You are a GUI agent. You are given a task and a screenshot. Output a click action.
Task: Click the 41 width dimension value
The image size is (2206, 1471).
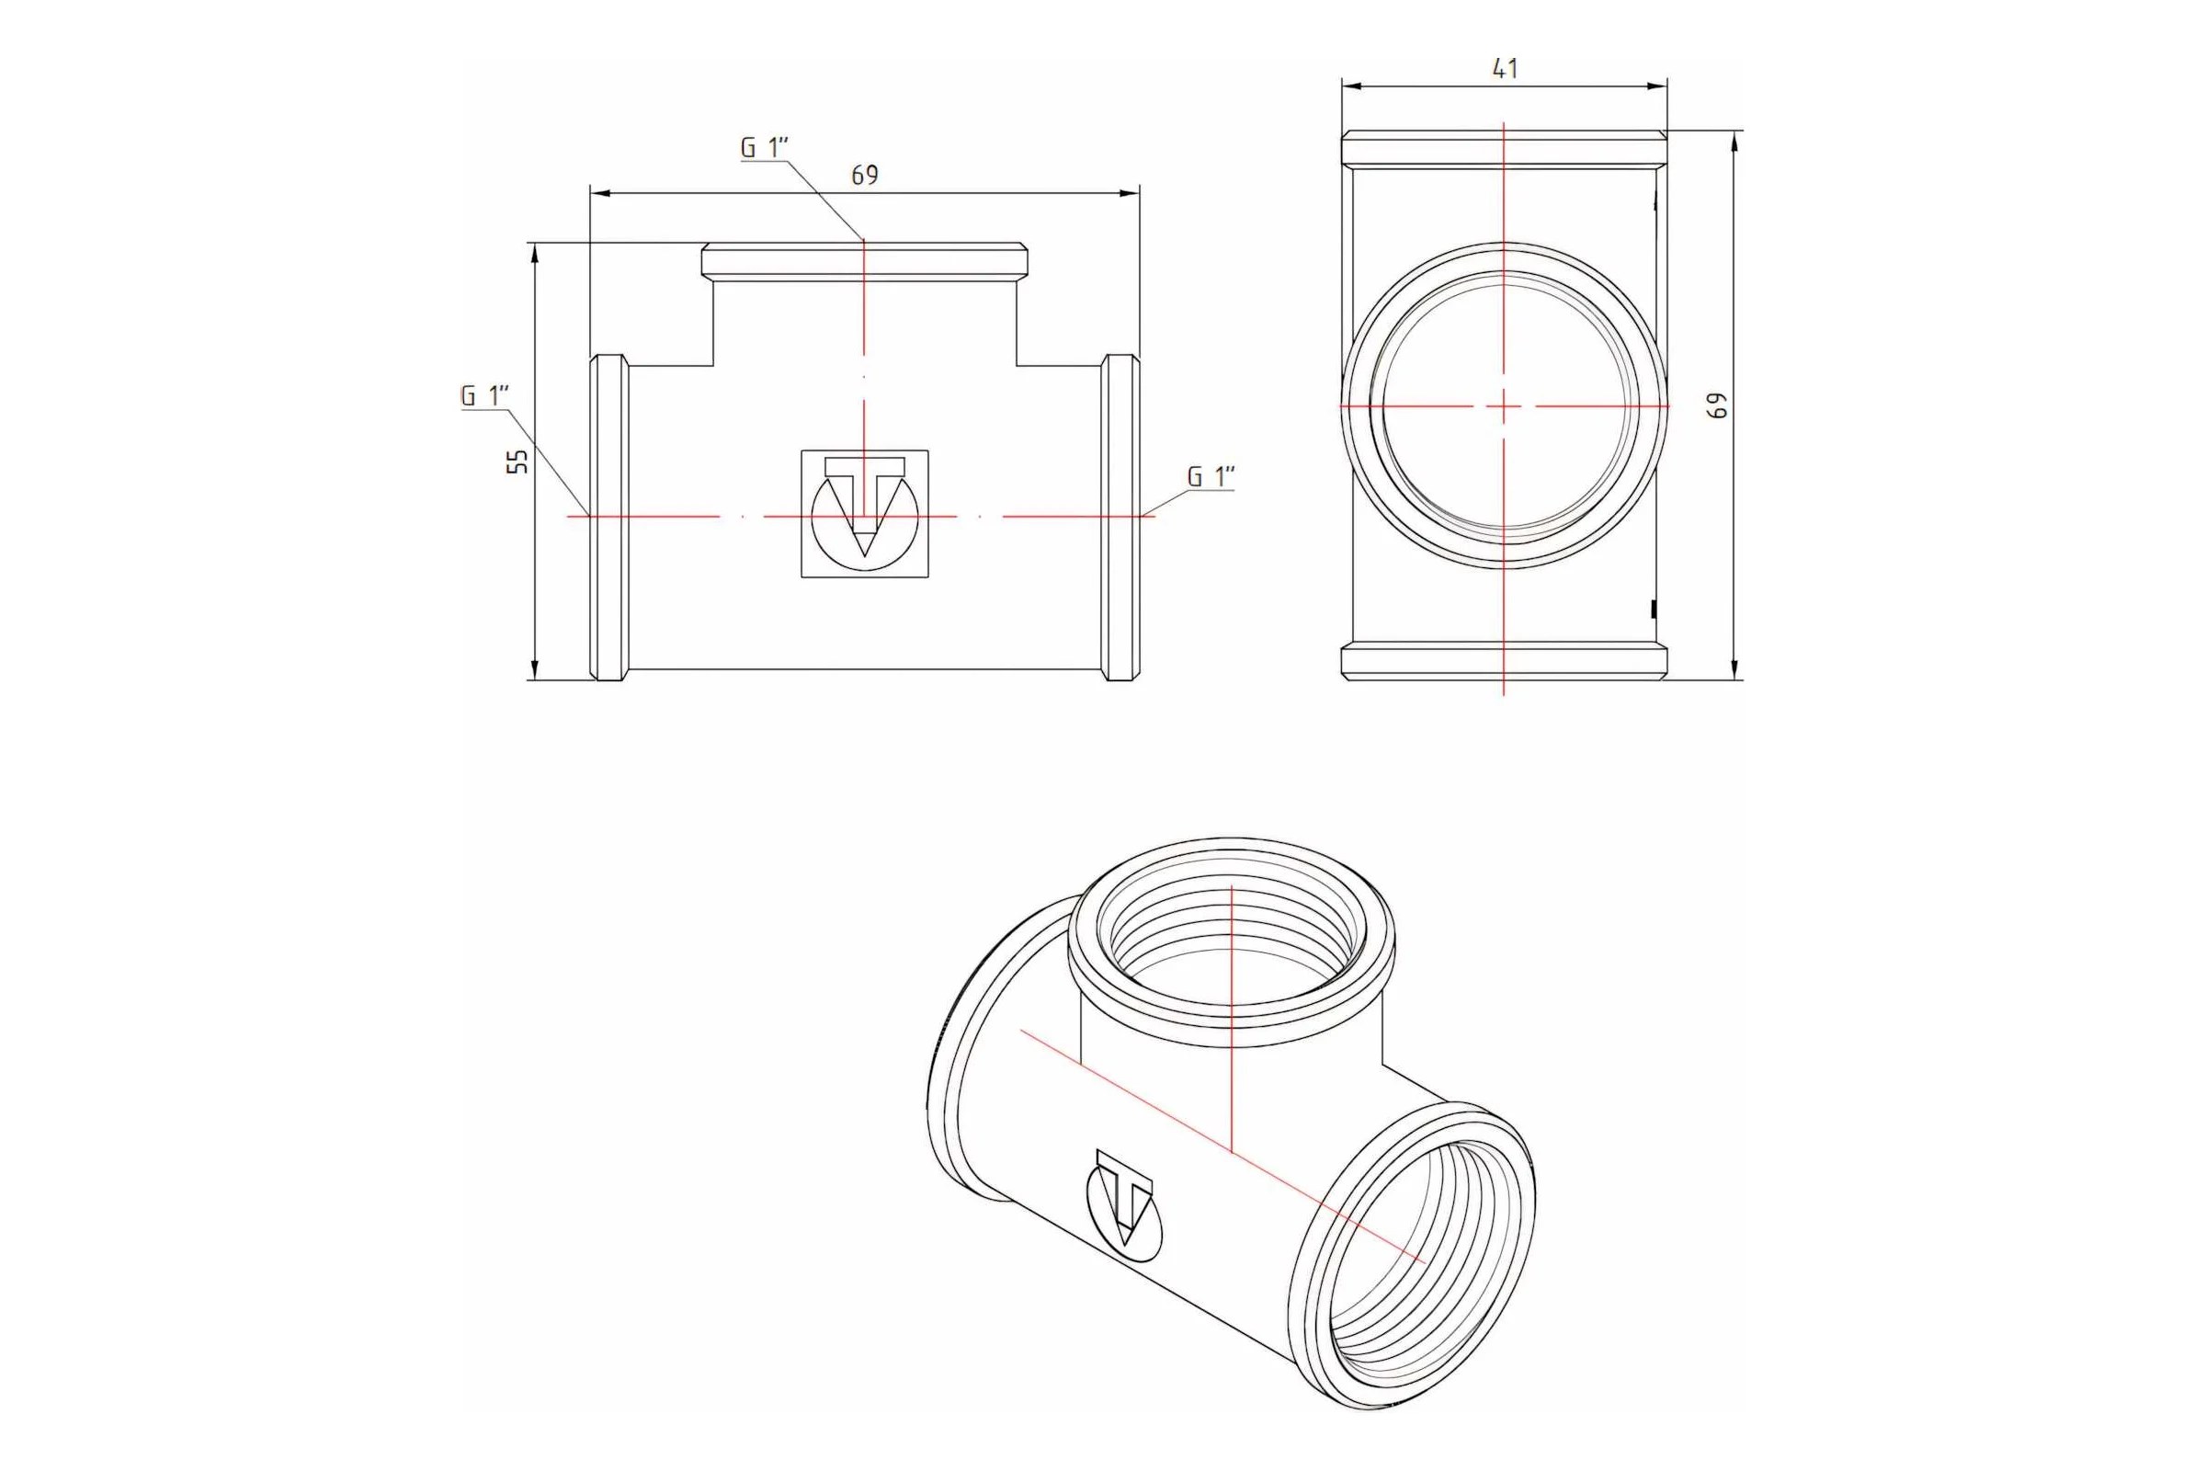(x=1505, y=68)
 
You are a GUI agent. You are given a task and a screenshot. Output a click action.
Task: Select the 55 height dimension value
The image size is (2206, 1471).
(x=517, y=462)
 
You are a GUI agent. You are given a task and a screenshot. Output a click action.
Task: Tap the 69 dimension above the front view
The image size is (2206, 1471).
(x=865, y=176)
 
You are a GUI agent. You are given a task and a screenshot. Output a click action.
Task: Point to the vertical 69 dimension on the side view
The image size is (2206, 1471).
(x=1716, y=405)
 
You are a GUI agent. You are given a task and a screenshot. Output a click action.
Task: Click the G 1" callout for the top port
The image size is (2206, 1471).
(x=765, y=147)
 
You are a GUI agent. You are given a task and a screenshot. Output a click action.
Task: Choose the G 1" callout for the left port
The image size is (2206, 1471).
(x=485, y=395)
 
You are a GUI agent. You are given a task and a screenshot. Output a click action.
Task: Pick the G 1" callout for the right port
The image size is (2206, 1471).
(x=1211, y=476)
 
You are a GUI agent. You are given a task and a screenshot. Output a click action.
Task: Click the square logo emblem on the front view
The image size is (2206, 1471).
(x=865, y=514)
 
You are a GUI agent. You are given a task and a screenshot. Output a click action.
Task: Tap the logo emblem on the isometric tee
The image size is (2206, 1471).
(x=1123, y=1205)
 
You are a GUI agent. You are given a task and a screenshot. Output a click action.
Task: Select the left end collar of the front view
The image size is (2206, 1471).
(x=608, y=517)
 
